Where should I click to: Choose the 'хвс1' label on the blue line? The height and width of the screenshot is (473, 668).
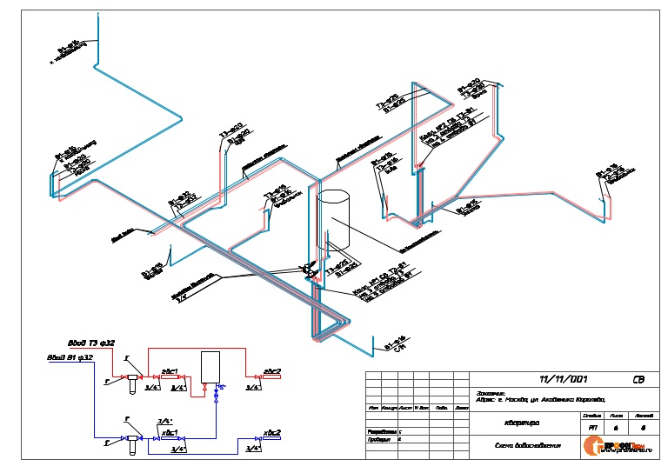[170, 431]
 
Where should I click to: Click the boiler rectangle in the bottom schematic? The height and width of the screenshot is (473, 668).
[211, 365]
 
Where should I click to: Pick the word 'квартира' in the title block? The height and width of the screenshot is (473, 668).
[520, 425]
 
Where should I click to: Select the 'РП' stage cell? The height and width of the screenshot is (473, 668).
[592, 428]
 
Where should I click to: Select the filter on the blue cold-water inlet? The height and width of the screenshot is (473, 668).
[131, 440]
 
